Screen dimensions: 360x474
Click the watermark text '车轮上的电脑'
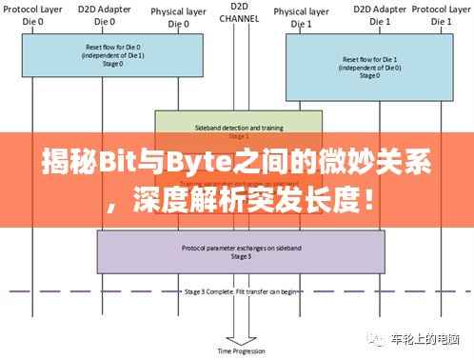pyautogui.click(x=431, y=340)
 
